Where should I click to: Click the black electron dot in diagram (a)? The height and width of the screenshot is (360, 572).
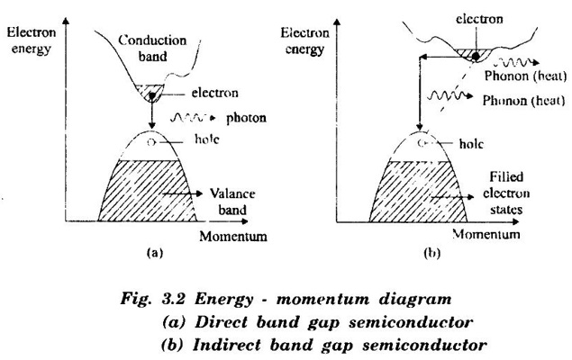pos(150,93)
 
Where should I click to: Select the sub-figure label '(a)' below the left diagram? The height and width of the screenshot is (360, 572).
pos(148,255)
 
